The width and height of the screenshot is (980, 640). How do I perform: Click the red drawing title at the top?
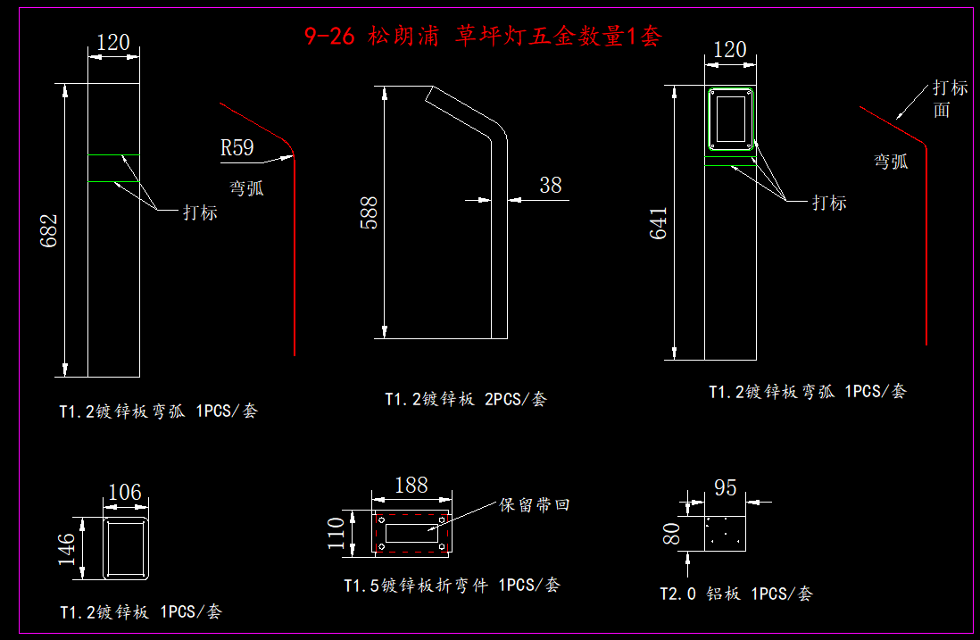482,37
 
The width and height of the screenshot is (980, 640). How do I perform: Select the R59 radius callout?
237,147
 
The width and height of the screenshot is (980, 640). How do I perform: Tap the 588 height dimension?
369,212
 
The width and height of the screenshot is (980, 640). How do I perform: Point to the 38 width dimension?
551,185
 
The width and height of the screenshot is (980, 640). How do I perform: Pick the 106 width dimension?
124,492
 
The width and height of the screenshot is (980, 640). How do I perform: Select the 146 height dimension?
68,549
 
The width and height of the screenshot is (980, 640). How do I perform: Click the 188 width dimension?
411,485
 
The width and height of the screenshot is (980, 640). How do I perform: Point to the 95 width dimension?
726,488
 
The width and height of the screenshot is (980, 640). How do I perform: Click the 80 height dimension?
672,534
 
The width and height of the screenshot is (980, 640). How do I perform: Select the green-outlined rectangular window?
732,119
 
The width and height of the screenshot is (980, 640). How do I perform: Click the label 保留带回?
534,505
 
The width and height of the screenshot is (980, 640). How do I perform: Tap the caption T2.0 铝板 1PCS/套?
735,594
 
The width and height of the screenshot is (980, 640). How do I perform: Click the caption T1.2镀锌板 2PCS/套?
465,399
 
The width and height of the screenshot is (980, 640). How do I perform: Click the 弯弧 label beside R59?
246,188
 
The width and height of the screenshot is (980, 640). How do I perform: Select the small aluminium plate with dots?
725,534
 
